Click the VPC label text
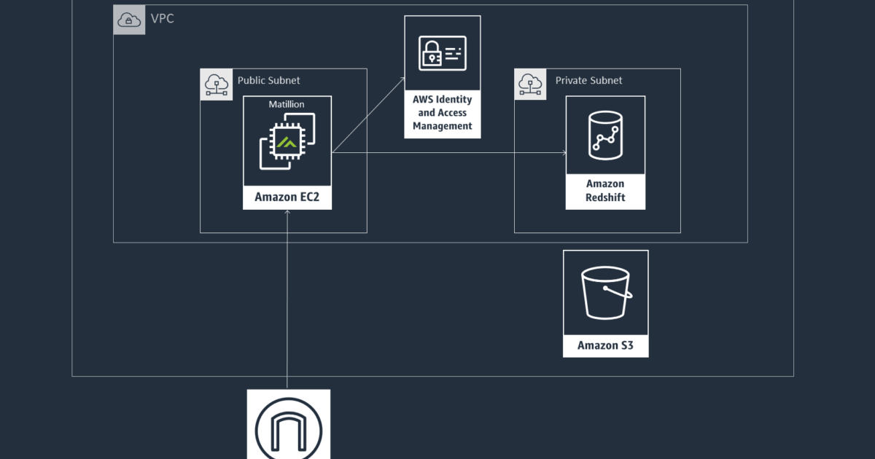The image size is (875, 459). [x=163, y=18]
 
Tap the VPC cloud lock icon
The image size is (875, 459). [x=129, y=20]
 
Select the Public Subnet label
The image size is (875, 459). [x=268, y=80]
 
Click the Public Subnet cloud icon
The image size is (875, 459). [x=216, y=85]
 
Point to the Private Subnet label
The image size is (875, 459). [x=588, y=80]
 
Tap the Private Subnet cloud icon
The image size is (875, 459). [x=530, y=85]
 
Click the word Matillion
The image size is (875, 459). [x=287, y=104]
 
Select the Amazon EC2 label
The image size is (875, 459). [x=287, y=197]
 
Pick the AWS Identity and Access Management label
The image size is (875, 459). [x=443, y=113]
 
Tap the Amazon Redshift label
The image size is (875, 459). [x=605, y=191]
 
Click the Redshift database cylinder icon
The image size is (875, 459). [x=605, y=135]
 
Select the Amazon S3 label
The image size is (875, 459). [x=605, y=345]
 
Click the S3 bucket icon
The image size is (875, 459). [x=605, y=293]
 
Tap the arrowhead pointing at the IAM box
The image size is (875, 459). [x=402, y=76]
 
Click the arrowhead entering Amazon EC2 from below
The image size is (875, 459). [x=287, y=213]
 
